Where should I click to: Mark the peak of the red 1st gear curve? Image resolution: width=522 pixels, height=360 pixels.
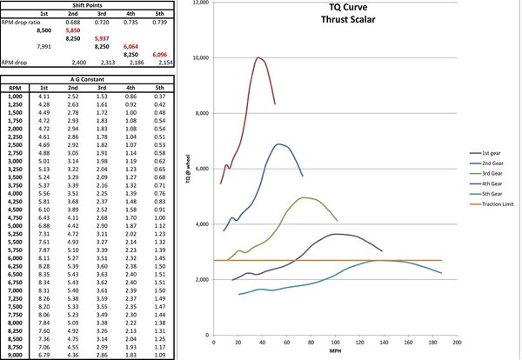click(259, 57)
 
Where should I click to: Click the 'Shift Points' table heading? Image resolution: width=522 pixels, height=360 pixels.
click(90, 4)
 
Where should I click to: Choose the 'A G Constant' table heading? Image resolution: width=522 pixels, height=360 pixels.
click(90, 79)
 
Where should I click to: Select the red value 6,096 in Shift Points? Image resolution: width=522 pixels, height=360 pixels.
click(159, 54)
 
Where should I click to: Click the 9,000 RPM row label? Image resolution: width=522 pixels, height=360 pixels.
click(15, 355)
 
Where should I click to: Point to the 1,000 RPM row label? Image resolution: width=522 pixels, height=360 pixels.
click(15, 96)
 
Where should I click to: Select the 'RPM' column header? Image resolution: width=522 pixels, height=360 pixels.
click(15, 88)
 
